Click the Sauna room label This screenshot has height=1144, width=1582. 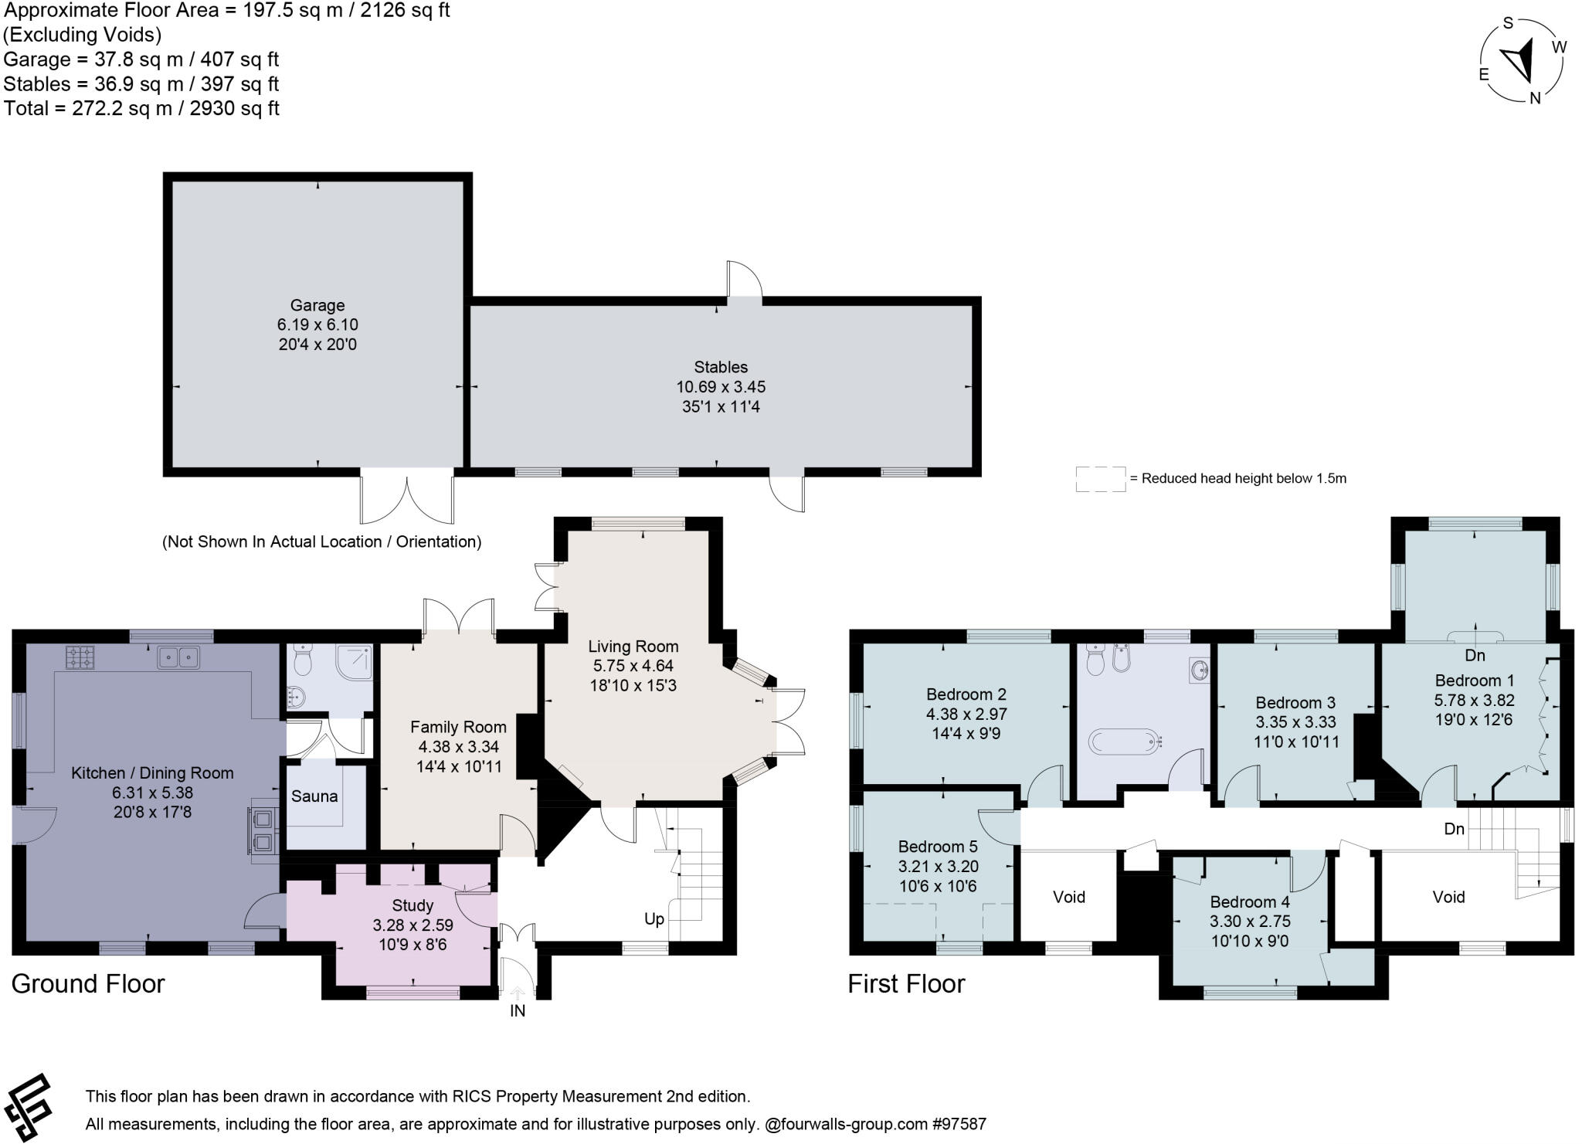[x=314, y=796]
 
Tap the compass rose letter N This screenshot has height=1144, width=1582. [x=1535, y=98]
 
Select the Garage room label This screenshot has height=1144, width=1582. [x=317, y=305]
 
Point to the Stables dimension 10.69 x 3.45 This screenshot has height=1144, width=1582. [x=721, y=386]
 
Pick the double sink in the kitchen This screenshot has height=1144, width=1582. [x=178, y=657]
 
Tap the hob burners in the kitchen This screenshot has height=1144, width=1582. [x=80, y=657]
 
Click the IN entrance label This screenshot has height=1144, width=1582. [x=518, y=1011]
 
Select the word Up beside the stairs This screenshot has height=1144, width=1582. [x=654, y=919]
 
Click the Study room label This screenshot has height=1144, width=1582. [x=412, y=905]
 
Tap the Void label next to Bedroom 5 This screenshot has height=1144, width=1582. [x=1069, y=897]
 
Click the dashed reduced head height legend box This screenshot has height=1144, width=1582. [x=1100, y=479]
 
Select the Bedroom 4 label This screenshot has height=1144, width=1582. [x=1250, y=901]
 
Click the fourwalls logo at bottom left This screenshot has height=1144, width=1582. [x=29, y=1106]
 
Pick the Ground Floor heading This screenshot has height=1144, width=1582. [x=88, y=983]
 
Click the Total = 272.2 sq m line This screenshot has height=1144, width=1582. [x=141, y=108]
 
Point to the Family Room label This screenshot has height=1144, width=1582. [x=458, y=727]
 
